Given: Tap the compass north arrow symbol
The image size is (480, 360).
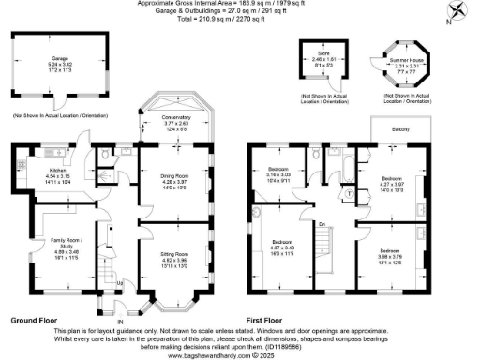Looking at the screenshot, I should [457, 12].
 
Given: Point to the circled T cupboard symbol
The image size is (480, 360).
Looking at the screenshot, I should [351, 194].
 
